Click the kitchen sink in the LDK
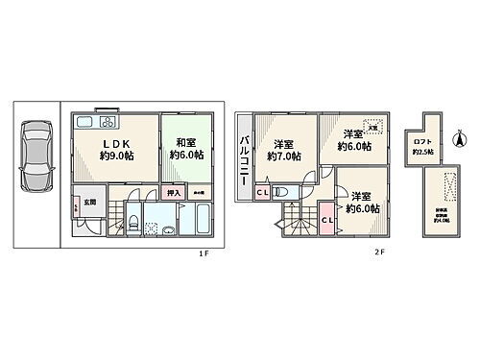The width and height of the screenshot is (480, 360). (81, 123)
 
